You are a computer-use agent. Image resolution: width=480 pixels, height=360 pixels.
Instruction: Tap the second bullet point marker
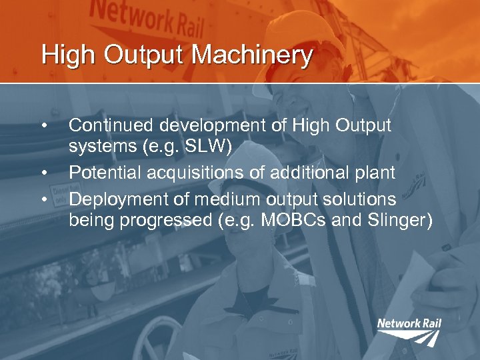click(x=43, y=173)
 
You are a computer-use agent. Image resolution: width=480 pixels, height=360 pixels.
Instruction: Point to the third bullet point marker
click(x=43, y=199)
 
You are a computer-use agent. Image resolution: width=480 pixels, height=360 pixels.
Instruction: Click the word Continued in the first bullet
click(x=107, y=125)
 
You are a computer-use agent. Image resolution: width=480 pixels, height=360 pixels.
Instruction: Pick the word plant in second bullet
click(x=375, y=173)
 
